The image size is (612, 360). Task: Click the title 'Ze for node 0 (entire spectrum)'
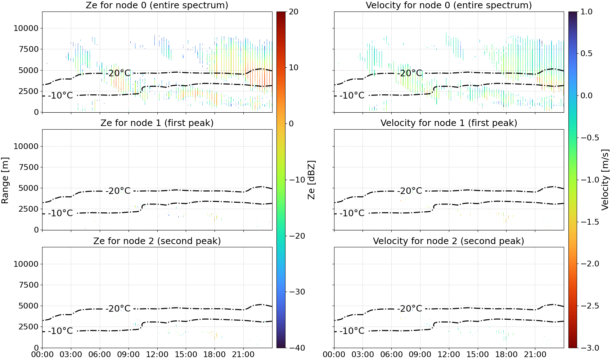(157, 5)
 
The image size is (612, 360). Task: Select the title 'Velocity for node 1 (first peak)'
(449, 123)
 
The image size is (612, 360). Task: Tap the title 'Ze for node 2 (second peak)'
(157, 241)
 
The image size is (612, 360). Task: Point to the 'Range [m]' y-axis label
(5, 180)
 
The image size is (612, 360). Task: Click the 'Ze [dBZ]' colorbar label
(311, 180)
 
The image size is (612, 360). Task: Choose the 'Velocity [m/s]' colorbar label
(605, 180)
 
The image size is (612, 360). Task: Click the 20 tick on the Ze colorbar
(294, 12)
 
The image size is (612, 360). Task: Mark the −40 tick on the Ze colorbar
(296, 348)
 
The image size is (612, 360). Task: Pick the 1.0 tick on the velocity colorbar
(586, 12)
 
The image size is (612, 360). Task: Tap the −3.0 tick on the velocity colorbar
(589, 348)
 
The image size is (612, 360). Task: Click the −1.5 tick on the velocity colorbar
(589, 222)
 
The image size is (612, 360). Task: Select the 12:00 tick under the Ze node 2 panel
(157, 355)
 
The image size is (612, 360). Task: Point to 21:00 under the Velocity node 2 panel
(535, 355)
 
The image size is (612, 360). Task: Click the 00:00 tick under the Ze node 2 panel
(42, 355)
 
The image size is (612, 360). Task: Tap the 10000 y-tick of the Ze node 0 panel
(26, 28)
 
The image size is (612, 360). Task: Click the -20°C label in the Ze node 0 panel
(118, 73)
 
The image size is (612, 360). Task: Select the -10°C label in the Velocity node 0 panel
(352, 95)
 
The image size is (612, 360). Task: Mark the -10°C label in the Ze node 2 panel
(60, 331)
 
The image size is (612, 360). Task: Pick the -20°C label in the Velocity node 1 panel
(410, 191)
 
